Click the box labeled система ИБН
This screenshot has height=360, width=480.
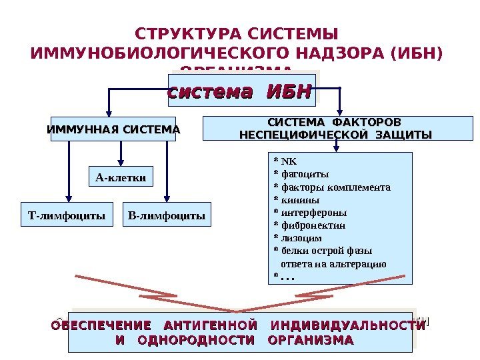pyautogui.click(x=239, y=91)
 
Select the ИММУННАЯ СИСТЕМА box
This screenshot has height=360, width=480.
pyautogui.click(x=113, y=129)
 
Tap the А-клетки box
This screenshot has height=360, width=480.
pyautogui.click(x=121, y=177)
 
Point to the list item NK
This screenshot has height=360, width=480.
pyautogui.click(x=289, y=161)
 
